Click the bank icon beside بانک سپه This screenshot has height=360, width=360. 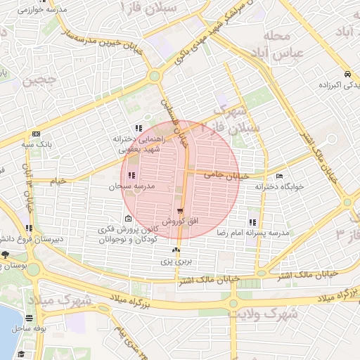pos(36,134)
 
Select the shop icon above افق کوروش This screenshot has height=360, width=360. pos(181,211)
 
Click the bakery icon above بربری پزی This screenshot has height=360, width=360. pos(176,250)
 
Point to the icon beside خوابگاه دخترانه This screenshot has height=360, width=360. pos(280,176)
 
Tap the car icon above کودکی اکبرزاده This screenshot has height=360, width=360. pos(347,74)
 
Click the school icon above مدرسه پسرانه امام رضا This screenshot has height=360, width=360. pos(252,222)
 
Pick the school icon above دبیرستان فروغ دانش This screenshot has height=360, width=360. pos(29,228)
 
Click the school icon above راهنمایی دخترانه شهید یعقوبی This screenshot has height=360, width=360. pos(139,128)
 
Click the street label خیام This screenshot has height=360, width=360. pos(58,181)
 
